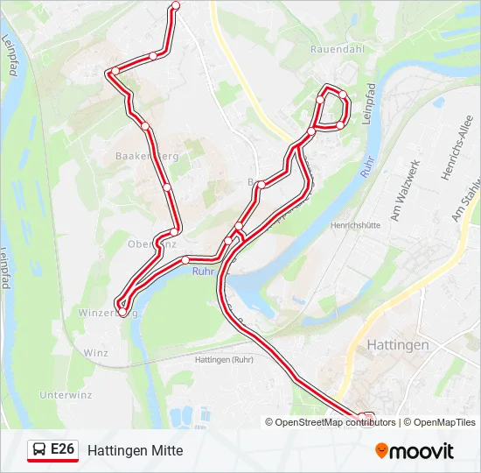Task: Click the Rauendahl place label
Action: click(337, 49)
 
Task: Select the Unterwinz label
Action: click(66, 395)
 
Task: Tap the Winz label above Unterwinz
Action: click(95, 352)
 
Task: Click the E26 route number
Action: click(63, 449)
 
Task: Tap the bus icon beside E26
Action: click(39, 450)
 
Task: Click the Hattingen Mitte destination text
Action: click(135, 450)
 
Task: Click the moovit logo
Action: click(415, 451)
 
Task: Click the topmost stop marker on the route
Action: click(176, 5)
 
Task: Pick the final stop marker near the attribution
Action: click(368, 417)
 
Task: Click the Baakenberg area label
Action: click(146, 156)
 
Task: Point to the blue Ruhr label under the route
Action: click(202, 271)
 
